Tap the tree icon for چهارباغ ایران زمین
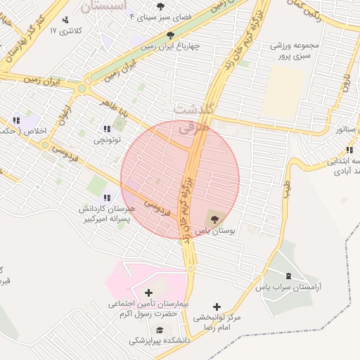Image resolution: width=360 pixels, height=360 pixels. [x=170, y=34]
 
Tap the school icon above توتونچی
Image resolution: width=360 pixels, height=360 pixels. [x=107, y=129]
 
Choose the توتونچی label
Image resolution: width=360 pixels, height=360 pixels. [x=107, y=140]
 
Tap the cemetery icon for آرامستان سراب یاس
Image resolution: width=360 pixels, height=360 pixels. [x=288, y=275]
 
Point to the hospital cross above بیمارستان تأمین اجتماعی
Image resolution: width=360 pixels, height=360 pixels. [x=148, y=292]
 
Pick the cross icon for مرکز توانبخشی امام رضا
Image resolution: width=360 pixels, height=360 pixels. [x=216, y=307]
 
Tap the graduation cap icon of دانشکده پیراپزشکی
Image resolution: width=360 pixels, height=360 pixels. [x=160, y=330]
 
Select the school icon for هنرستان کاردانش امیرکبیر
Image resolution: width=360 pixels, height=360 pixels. [x=107, y=198]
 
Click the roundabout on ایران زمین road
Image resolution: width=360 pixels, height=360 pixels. [x=82, y=89]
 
